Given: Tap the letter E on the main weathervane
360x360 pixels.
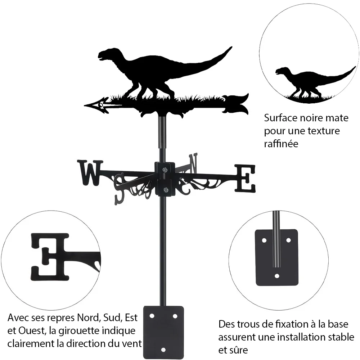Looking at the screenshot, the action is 245,179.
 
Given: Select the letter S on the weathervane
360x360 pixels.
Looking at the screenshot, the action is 120,189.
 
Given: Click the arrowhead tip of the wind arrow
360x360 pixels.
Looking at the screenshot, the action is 85,105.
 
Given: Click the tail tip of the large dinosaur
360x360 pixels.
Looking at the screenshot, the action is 231,47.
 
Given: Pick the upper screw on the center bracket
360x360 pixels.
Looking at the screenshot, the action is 165,170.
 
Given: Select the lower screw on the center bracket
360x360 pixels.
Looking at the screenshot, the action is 165,190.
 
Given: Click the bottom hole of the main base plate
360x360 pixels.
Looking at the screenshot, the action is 163,350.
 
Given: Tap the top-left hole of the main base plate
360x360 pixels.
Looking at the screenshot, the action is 152,316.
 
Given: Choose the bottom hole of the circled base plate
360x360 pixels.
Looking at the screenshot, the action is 277,276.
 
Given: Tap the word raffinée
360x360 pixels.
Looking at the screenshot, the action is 281,144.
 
